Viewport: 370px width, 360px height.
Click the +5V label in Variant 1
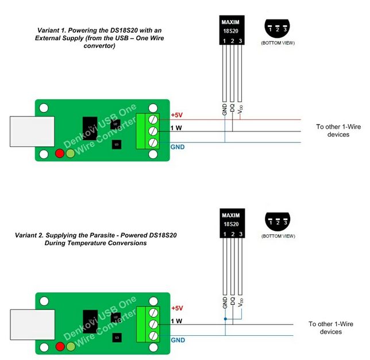coord(176,115)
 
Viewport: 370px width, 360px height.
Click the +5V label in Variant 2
coord(176,308)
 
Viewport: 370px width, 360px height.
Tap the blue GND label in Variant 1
coord(178,147)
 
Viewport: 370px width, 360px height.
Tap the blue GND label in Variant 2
coord(178,340)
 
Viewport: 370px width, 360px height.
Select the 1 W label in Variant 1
coord(176,128)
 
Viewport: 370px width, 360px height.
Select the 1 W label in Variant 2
coord(176,321)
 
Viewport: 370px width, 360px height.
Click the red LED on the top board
coord(59,153)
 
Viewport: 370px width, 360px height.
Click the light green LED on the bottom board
coord(71,346)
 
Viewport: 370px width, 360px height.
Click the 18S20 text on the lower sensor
coord(231,224)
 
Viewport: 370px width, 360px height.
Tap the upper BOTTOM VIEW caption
coord(278,43)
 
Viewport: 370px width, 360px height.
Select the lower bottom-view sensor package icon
coord(279,220)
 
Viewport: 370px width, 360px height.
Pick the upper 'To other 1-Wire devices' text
coord(332,130)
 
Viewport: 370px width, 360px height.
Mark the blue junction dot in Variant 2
coord(225,319)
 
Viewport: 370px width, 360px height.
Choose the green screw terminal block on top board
coord(148,131)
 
